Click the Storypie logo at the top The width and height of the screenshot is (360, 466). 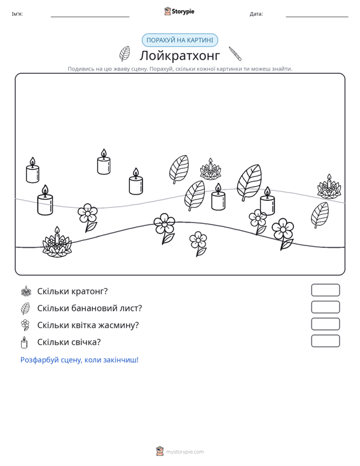click(x=179, y=11)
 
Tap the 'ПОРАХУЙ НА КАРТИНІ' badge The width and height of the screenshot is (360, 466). click(x=180, y=40)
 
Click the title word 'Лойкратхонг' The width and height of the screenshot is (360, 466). click(x=180, y=55)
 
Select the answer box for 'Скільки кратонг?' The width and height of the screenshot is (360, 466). click(x=325, y=290)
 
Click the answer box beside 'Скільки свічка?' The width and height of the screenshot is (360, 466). click(x=325, y=341)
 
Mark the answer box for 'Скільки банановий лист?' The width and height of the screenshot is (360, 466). click(x=325, y=307)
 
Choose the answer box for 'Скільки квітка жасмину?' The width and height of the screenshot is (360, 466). click(x=325, y=324)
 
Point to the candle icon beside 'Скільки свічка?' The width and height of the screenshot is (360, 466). click(x=24, y=343)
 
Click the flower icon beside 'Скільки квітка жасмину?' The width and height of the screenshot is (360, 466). click(x=25, y=325)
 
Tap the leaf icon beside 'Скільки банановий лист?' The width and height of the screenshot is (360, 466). click(x=25, y=308)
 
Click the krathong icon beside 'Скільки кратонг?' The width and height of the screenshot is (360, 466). click(x=26, y=291)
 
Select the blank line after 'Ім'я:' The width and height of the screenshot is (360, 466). click(x=90, y=17)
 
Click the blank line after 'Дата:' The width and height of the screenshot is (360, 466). click(x=317, y=17)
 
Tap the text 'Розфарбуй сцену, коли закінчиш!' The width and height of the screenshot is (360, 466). click(x=80, y=360)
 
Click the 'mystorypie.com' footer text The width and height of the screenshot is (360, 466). click(x=185, y=452)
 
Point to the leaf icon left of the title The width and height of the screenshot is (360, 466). click(x=125, y=53)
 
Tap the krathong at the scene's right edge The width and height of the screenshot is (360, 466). click(x=329, y=187)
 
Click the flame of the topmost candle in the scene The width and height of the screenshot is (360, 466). click(x=104, y=153)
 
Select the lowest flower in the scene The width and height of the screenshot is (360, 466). click(x=198, y=243)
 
